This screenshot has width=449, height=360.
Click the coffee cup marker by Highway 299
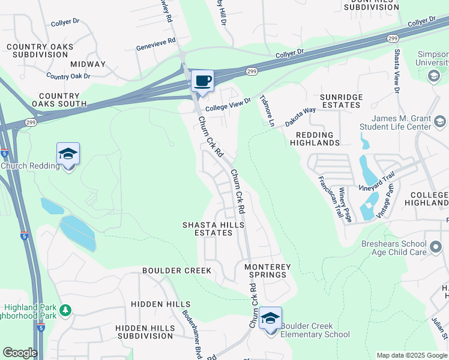(202, 81)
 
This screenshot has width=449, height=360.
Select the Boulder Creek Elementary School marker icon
(271, 319)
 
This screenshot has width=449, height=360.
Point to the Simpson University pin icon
(433, 76)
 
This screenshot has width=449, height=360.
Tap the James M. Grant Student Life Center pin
(440, 123)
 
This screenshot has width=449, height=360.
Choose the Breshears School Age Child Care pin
(436, 245)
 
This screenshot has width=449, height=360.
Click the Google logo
(19, 353)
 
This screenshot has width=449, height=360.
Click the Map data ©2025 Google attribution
(412, 355)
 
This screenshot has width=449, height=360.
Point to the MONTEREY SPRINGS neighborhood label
(268, 271)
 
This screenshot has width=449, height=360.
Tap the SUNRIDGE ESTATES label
(340, 101)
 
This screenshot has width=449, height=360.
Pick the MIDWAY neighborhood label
(88, 64)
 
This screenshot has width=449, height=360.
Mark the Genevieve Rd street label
(156, 43)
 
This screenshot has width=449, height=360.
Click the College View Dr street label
(228, 106)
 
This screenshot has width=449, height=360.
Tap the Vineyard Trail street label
(376, 182)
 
